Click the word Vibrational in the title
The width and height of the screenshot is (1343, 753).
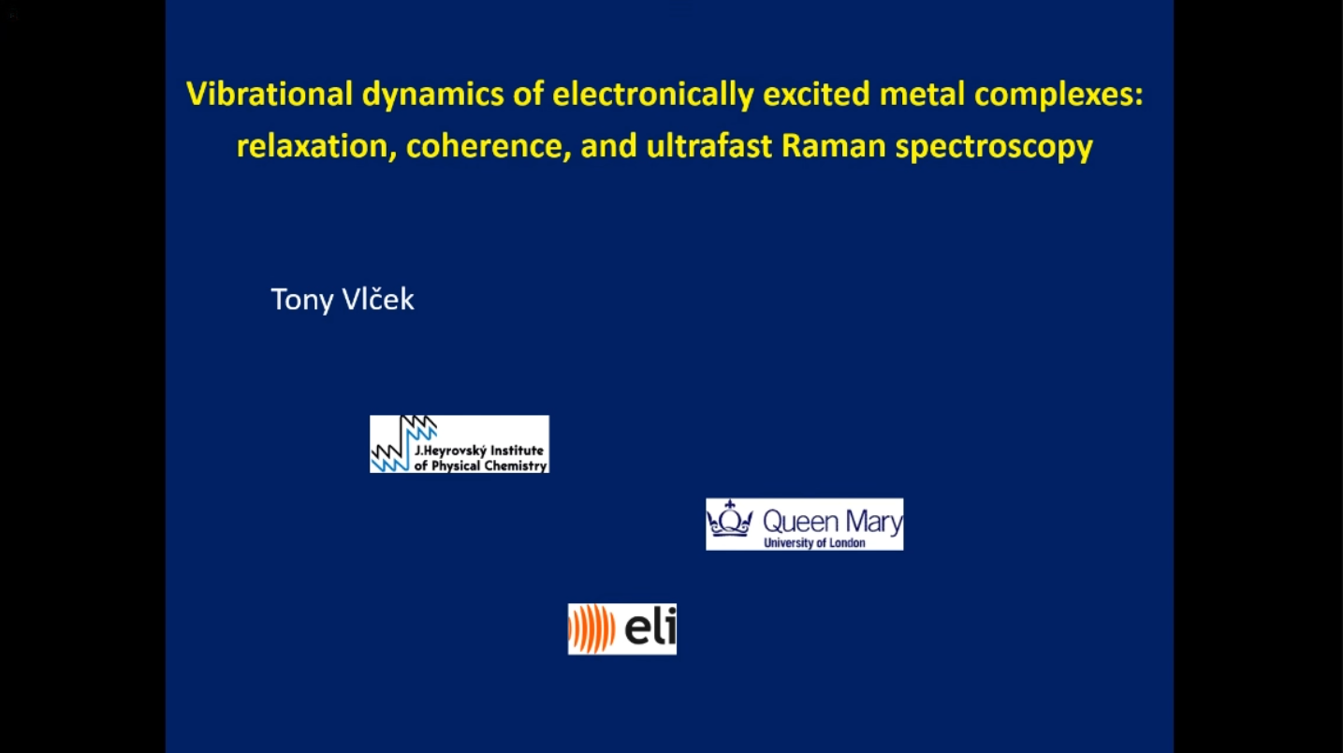270,94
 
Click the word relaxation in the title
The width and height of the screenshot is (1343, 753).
312,146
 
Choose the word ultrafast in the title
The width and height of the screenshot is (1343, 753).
708,146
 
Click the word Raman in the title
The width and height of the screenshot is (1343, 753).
833,146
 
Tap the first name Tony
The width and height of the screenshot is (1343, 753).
302,300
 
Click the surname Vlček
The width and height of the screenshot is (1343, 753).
378,299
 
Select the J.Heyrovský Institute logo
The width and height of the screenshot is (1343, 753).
460,444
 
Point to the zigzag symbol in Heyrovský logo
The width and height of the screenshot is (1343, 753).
402,444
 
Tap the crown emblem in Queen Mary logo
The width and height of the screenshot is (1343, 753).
730,519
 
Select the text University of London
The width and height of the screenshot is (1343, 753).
814,543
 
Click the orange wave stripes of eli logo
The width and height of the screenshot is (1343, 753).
591,628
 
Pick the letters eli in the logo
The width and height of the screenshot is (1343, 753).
650,627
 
